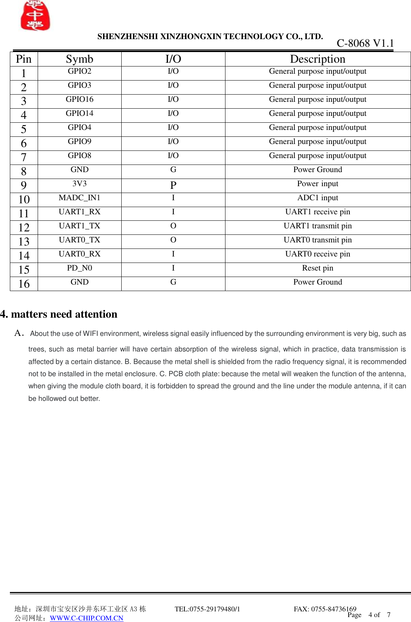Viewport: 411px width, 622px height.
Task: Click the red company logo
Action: [35, 16]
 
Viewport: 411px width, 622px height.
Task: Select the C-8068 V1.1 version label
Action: [365, 43]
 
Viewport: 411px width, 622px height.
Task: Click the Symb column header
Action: [79, 59]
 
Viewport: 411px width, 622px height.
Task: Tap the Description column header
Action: [317, 59]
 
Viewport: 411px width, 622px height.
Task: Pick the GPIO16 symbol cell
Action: [79, 100]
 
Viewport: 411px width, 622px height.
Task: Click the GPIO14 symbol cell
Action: [79, 114]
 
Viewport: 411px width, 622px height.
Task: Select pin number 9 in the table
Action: [24, 185]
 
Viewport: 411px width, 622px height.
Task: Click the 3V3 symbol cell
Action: [79, 184]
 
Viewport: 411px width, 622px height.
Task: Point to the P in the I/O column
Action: [173, 185]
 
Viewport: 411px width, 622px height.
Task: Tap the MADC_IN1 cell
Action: [79, 198]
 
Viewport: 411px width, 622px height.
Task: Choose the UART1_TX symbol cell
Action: [79, 226]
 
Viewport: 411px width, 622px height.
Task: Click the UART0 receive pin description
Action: [317, 254]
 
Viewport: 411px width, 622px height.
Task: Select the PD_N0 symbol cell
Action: [79, 268]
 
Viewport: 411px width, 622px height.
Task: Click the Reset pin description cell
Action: [317, 268]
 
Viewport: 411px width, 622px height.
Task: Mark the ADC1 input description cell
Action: [317, 198]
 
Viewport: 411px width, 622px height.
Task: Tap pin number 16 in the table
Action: [24, 284]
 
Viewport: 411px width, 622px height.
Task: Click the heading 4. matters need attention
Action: [59, 314]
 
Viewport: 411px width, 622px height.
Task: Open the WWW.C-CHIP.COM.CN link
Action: [87, 618]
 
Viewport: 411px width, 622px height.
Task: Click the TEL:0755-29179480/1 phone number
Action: [207, 609]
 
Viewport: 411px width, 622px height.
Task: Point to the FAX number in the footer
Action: [325, 609]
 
